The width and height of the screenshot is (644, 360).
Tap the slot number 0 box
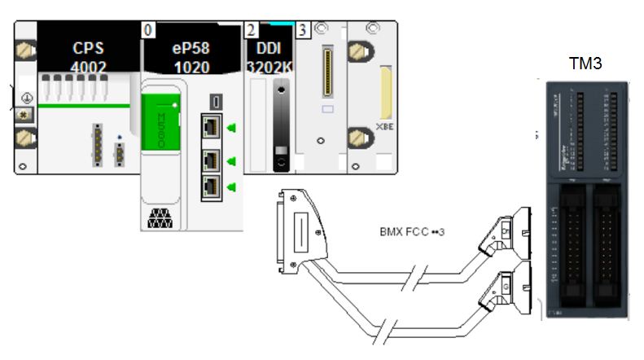coord(148,30)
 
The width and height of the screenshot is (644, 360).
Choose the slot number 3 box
coord(302,30)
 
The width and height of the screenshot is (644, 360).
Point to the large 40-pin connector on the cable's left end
coord(298,230)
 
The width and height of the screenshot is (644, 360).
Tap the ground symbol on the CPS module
coord(25,97)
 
